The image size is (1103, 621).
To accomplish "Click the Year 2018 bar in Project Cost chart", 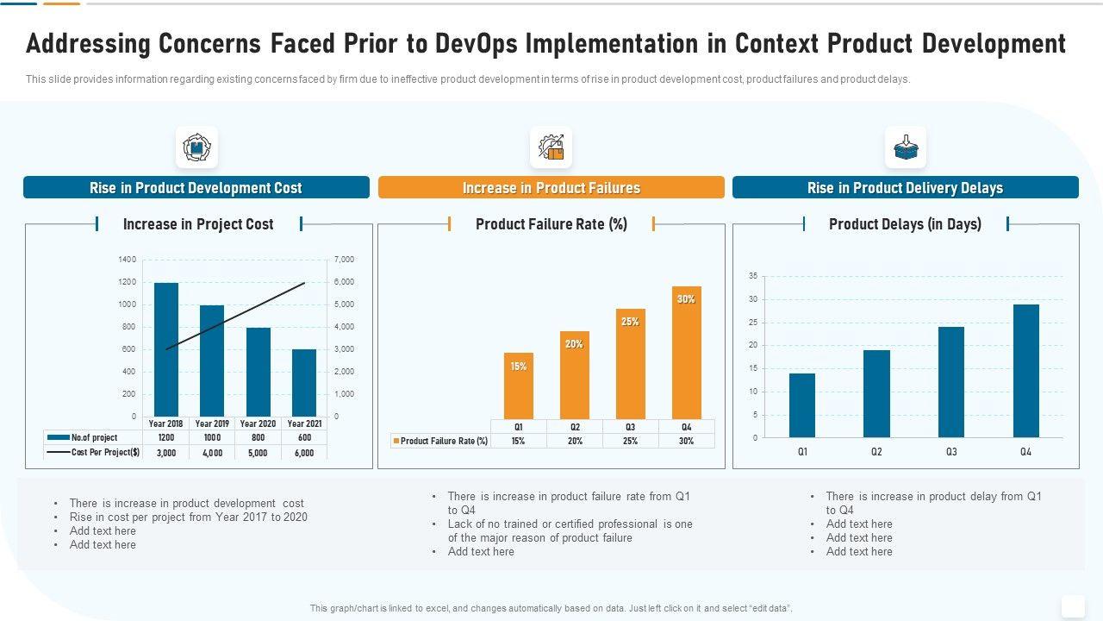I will tap(166, 349).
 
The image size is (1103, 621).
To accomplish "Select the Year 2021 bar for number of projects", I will tap(304, 383).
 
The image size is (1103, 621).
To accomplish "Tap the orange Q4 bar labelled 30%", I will tap(687, 353).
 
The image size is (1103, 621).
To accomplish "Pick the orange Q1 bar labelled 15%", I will tap(519, 386).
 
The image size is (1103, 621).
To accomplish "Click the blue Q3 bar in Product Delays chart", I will tap(951, 382).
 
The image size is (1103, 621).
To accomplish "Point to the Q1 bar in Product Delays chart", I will tap(802, 405).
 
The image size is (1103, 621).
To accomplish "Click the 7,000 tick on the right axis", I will tap(344, 260).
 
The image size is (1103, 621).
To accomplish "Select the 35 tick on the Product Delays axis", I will tap(753, 276).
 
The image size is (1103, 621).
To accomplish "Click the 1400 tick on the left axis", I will tap(127, 260).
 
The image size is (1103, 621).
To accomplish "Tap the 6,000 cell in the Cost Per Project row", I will tap(304, 453).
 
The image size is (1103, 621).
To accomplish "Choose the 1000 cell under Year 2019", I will tap(212, 438).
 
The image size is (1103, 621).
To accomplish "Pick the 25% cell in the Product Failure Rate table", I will tap(631, 441).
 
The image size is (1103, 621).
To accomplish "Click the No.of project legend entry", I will tap(83, 438).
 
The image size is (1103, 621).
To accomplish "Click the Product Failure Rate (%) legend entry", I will tap(440, 441).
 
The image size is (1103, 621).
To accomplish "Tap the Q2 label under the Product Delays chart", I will tap(876, 452).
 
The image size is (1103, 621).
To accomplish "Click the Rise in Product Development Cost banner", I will tap(196, 188).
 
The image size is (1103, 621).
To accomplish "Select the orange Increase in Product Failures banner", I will tap(551, 188).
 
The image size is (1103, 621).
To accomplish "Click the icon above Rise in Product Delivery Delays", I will tap(906, 147).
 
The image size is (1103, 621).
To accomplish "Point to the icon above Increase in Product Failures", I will tap(551, 147).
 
